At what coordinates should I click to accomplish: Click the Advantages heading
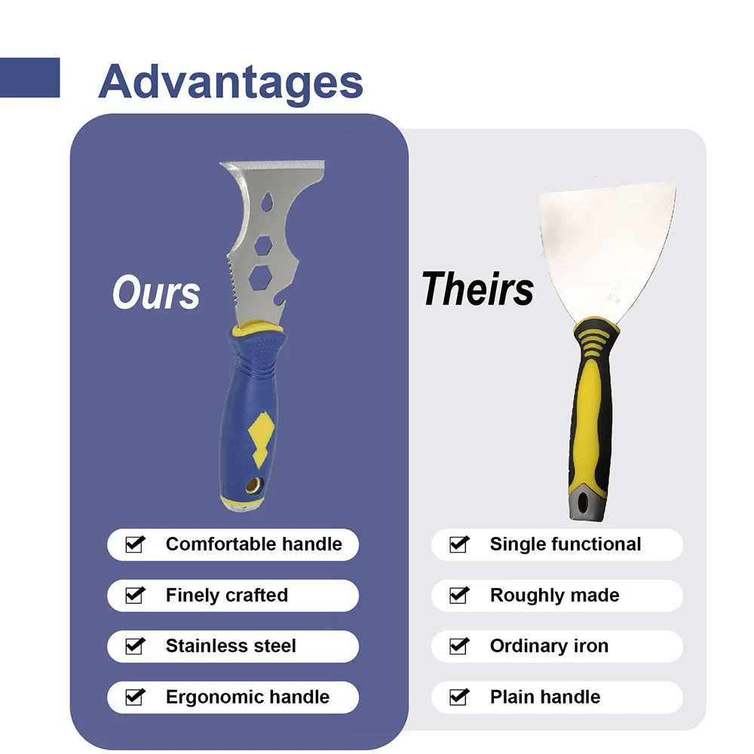[230, 82]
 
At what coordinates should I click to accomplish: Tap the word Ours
[156, 293]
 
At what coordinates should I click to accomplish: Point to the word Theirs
[477, 289]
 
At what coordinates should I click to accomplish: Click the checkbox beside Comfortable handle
[135, 544]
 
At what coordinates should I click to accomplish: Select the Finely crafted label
[226, 595]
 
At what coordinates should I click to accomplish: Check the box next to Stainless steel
[135, 646]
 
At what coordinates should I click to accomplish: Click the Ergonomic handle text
[247, 697]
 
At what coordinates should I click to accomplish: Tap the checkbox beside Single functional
[459, 544]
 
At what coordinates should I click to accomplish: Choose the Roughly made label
[554, 595]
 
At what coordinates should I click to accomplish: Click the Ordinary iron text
[549, 646]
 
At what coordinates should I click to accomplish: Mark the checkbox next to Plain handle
[459, 697]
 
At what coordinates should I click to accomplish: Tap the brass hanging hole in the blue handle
[254, 486]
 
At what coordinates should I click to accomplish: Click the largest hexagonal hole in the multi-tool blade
[260, 278]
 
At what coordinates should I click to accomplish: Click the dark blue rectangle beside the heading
[30, 78]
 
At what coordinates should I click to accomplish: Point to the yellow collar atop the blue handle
[257, 329]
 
